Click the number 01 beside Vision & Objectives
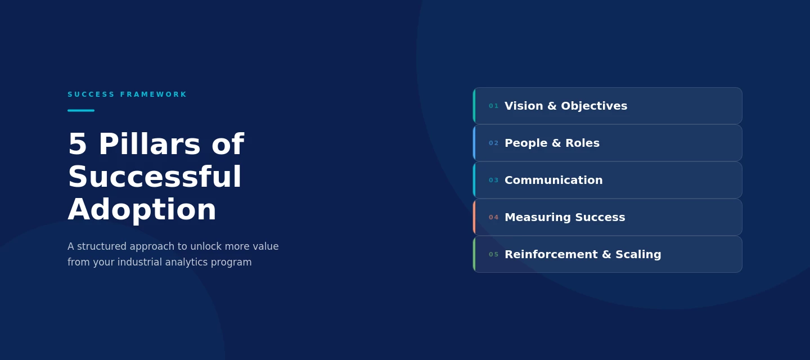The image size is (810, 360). point(494,106)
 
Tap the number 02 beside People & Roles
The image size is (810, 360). point(494,143)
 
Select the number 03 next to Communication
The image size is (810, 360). point(494,181)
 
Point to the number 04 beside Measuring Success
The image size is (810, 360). point(494,217)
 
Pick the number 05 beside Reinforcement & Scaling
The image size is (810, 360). point(494,254)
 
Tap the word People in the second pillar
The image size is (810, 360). point(526,143)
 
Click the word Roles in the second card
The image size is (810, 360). point(583,143)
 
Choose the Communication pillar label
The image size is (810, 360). point(553,180)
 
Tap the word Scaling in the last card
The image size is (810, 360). point(638,255)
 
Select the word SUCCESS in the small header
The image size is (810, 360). point(91,94)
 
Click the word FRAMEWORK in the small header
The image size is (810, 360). point(154,94)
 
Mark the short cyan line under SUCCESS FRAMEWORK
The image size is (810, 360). point(81,111)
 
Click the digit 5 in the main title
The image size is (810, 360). point(78,144)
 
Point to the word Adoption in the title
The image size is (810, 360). point(142,210)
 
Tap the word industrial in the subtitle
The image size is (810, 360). point(140,262)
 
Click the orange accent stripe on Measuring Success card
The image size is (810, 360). point(474,217)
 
